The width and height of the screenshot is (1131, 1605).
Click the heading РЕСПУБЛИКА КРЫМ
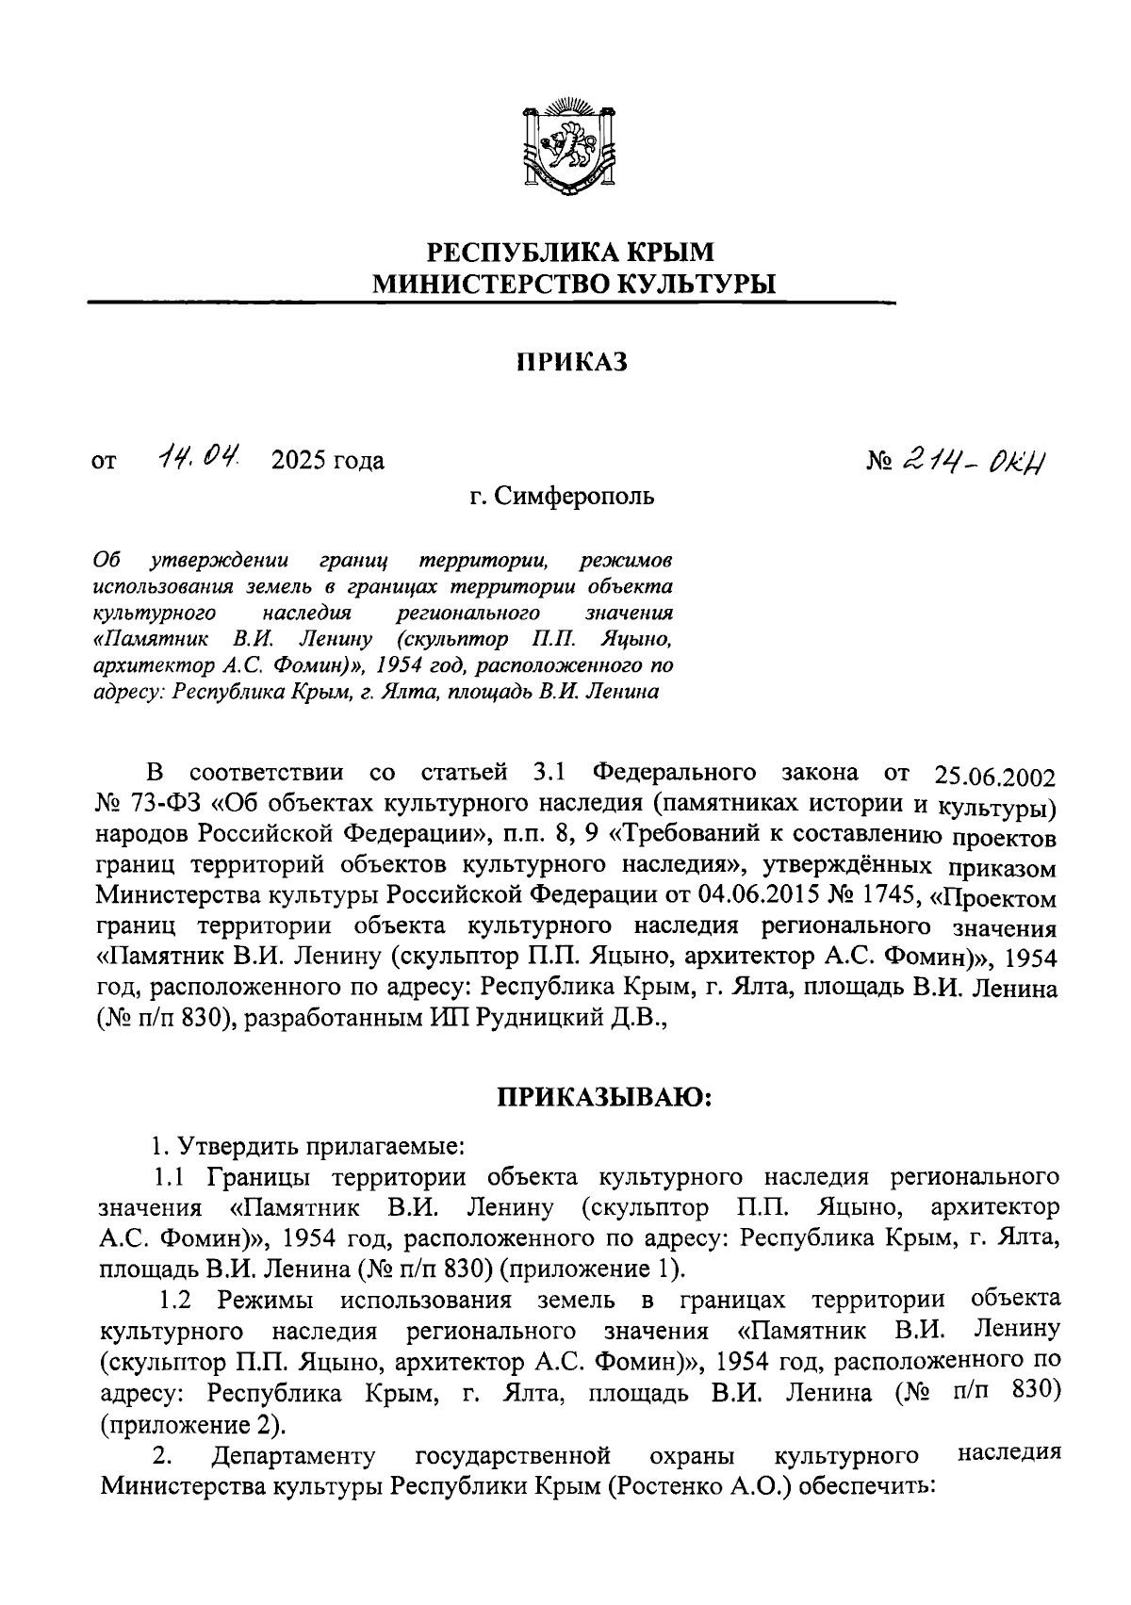point(572,253)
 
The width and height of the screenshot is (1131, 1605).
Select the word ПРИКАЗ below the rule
point(572,363)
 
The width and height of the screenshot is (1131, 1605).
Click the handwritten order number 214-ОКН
point(977,459)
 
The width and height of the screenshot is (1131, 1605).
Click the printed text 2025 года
point(327,461)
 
